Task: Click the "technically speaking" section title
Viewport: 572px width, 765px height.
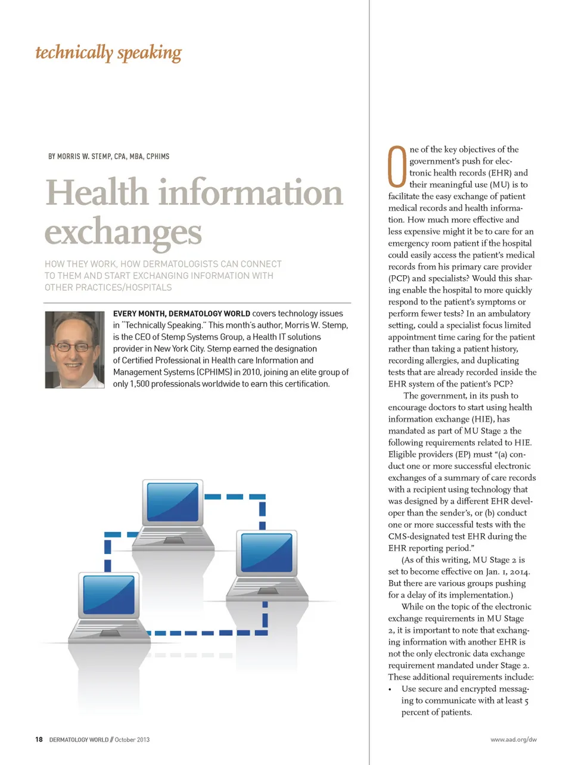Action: tap(108, 53)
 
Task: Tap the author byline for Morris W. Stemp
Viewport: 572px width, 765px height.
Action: tap(108, 157)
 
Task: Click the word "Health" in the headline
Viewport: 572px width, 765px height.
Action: tap(97, 193)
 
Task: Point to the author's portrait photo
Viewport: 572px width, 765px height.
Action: tap(75, 350)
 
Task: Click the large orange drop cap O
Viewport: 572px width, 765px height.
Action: tap(397, 167)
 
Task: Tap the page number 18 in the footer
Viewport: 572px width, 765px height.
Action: tap(39, 739)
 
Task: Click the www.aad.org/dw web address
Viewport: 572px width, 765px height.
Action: tap(513, 739)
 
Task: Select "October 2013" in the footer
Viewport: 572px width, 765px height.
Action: tap(132, 739)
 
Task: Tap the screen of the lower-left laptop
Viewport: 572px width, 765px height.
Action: tap(109, 594)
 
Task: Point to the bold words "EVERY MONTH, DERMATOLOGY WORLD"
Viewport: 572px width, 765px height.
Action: tap(181, 313)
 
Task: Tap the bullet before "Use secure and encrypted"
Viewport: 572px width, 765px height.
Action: tap(390, 689)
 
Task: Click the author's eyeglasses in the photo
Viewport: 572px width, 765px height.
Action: tap(73, 346)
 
